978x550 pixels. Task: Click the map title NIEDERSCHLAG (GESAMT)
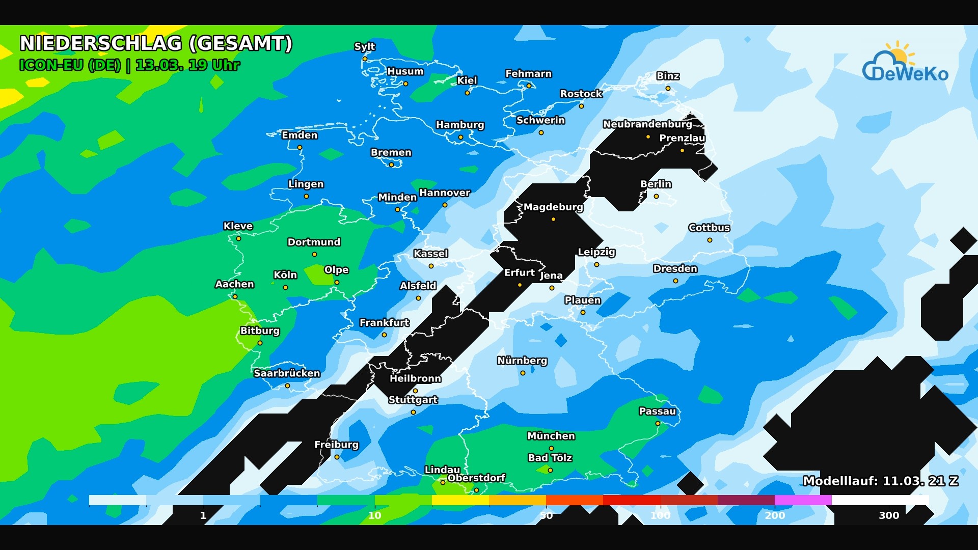click(156, 43)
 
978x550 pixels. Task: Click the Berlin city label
click(656, 184)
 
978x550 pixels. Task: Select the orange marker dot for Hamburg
click(460, 137)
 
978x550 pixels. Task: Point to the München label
click(551, 436)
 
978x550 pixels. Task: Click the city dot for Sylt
click(365, 59)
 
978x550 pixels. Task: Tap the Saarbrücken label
click(287, 373)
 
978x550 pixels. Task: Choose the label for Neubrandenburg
click(647, 124)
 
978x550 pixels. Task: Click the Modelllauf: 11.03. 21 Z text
click(881, 481)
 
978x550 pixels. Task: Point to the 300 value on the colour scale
click(889, 515)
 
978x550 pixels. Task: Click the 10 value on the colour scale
click(374, 515)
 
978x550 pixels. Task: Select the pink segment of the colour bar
click(803, 500)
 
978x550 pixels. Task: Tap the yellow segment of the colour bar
click(460, 500)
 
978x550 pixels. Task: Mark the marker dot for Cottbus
click(710, 240)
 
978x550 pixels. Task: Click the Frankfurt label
click(384, 322)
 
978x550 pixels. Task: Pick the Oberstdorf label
click(476, 478)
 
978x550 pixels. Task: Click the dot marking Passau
click(658, 424)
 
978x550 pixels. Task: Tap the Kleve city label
click(238, 226)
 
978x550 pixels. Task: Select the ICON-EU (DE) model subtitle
click(70, 65)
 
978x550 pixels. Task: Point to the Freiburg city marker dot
click(337, 457)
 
